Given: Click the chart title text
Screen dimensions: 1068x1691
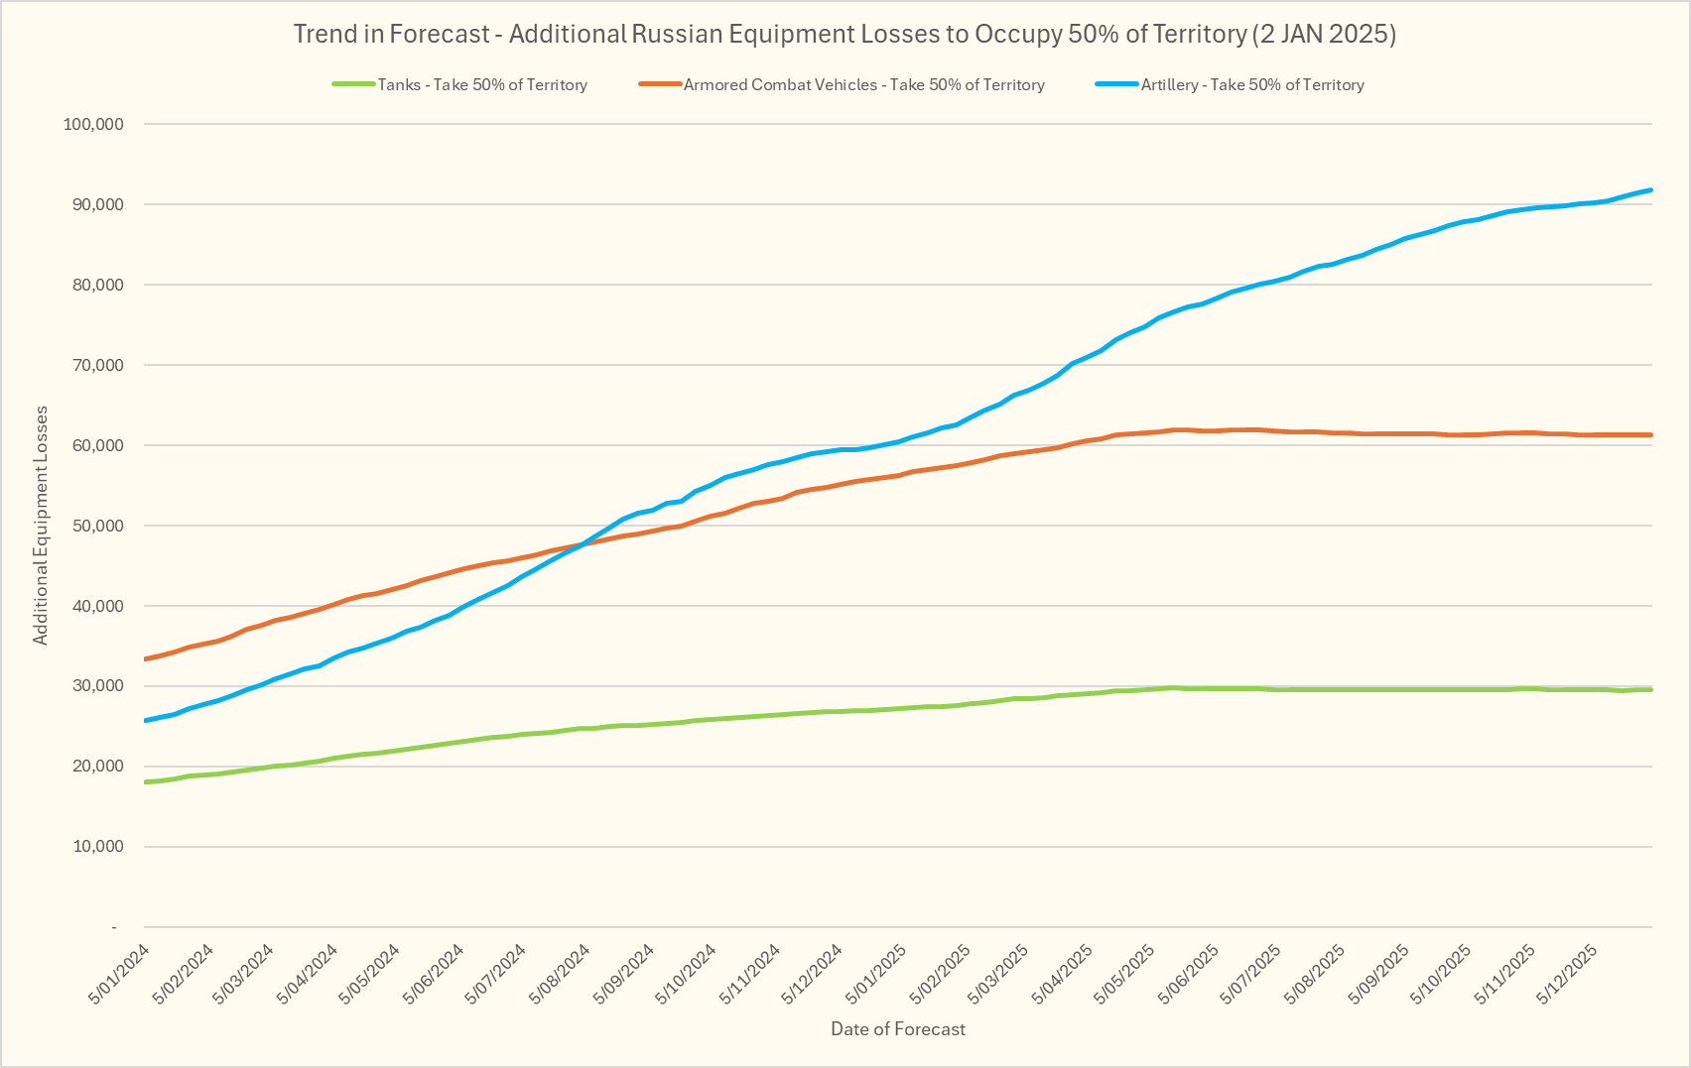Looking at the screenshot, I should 845,35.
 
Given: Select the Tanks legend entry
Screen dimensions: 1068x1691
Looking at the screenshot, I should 481,85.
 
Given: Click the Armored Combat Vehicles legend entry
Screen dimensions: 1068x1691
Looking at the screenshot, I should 863,85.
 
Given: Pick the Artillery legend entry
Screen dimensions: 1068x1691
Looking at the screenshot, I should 1251,85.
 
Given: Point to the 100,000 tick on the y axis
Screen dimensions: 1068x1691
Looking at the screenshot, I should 93,124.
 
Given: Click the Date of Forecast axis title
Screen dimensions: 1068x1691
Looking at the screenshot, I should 898,1029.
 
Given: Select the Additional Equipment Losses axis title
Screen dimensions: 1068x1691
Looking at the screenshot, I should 41,526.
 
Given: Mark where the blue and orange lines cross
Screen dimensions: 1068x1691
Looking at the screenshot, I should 581,544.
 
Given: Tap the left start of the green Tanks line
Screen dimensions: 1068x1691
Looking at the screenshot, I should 147,782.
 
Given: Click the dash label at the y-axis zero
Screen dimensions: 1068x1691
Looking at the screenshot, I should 114,927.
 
